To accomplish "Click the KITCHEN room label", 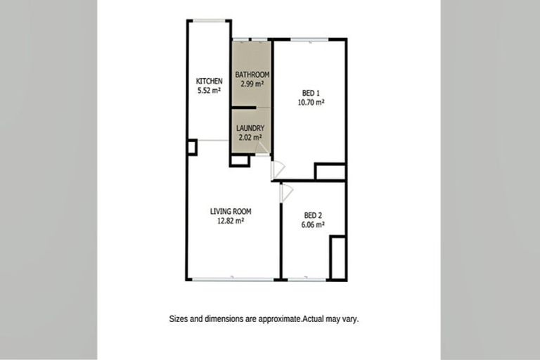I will [209, 82].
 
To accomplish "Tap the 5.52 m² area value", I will [209, 91].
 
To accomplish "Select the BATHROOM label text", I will [252, 75].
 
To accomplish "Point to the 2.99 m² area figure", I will [252, 84].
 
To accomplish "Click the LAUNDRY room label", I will [250, 128].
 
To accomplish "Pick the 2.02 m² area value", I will [250, 137].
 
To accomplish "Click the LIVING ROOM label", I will [231, 211].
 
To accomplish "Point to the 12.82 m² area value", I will [231, 220].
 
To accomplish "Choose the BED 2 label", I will [314, 215].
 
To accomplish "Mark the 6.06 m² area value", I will [314, 225].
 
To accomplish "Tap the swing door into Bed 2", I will [285, 192].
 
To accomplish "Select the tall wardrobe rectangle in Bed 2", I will [337, 258].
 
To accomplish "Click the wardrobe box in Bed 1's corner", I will [329, 172].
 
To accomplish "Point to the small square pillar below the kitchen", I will [191, 147].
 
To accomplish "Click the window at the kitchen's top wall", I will [209, 20].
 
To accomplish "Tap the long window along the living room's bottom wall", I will [233, 280].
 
